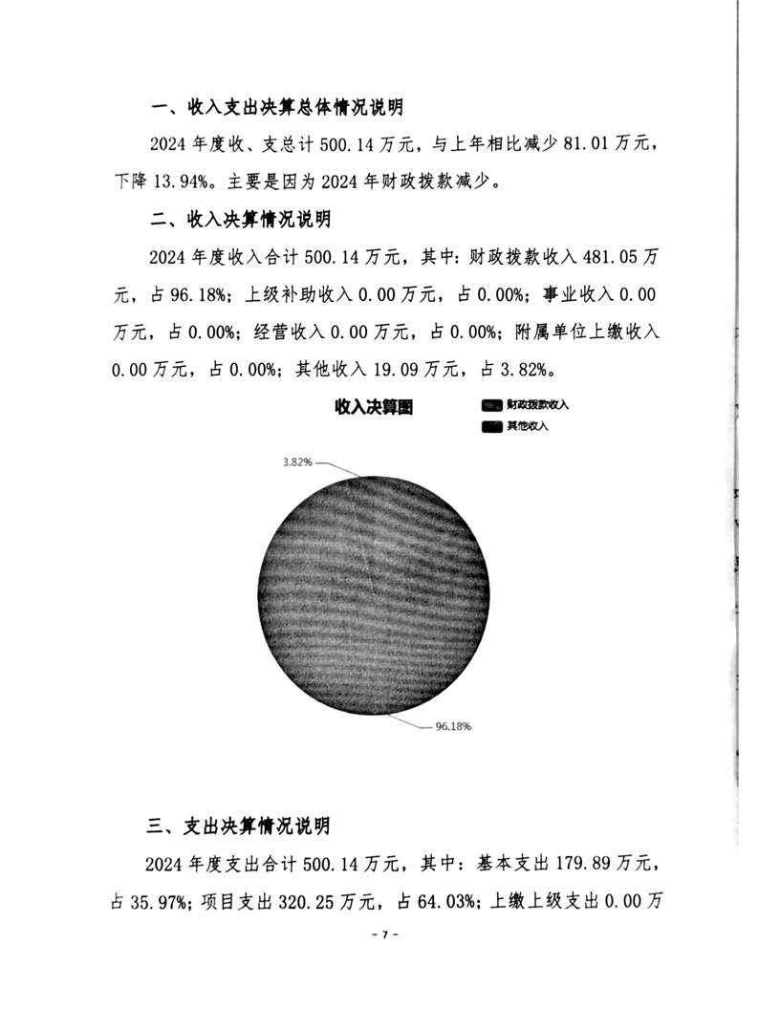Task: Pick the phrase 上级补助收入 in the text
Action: point(294,293)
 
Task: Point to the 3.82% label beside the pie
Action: point(297,462)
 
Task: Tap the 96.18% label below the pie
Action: point(453,726)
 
